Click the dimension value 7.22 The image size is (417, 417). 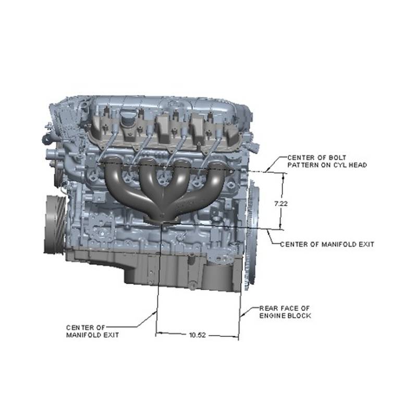281,204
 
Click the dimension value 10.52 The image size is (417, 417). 198,335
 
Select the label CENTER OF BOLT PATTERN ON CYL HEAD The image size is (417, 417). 327,161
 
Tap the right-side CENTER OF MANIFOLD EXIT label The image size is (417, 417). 327,244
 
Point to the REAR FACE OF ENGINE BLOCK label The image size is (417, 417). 285,312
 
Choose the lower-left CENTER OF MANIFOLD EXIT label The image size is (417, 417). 93,331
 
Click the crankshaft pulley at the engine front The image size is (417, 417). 55,224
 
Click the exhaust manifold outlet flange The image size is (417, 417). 162,219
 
